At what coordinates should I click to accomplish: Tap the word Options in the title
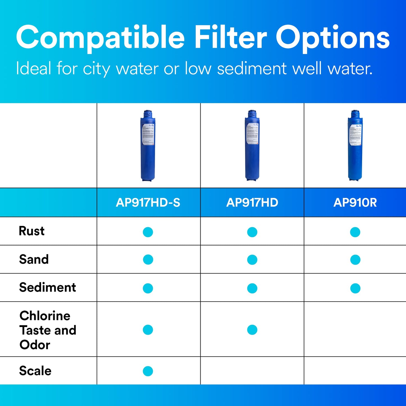pos(333,38)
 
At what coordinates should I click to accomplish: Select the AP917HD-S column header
pos(148,203)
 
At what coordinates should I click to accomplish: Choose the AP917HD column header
pos(252,203)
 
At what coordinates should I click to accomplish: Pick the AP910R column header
pos(355,203)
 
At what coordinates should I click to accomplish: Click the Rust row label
pos(31,231)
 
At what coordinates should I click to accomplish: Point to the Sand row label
pos(34,259)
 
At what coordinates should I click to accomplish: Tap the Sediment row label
pos(47,287)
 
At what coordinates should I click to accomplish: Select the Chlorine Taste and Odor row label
pos(48,330)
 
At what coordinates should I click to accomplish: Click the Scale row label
pos(35,371)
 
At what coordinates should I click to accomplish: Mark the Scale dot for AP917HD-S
pos(148,371)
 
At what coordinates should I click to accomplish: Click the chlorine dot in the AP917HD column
pos(252,330)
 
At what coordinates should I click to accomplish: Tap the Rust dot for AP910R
pos(355,232)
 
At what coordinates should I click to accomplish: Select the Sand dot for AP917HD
pos(252,260)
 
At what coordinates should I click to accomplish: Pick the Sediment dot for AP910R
pos(355,288)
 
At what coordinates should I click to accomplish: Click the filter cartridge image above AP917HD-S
pos(148,146)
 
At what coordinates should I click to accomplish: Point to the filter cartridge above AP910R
pos(355,146)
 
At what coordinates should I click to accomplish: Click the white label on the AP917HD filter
pos(252,133)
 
